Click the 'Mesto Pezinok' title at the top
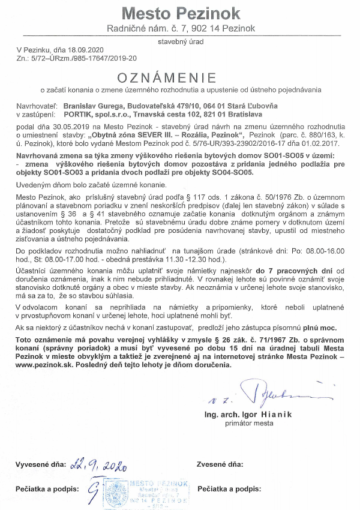(x=181, y=13)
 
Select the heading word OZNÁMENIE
(x=181, y=78)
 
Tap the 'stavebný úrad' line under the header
(x=181, y=43)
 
